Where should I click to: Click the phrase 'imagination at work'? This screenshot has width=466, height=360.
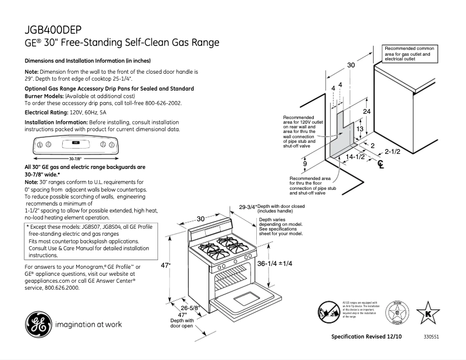point(88,324)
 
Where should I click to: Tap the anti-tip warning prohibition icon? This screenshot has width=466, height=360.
point(328,311)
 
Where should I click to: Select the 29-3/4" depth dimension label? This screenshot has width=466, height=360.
point(247,207)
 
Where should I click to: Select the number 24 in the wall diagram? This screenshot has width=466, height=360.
point(366,110)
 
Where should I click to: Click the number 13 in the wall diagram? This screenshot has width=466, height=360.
point(360,129)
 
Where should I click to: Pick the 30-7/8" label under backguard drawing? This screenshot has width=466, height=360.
point(74,158)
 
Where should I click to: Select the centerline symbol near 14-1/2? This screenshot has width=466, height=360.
point(381,164)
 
